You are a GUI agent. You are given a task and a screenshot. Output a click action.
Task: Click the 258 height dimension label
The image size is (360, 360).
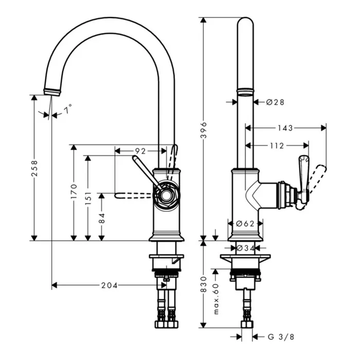tap(34, 168)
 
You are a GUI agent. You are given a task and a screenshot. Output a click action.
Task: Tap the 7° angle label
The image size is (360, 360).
tap(68, 109)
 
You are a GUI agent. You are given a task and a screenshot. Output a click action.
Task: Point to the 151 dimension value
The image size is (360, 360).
tap(87, 197)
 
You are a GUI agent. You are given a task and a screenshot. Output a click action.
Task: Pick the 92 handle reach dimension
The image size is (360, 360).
tap(140, 151)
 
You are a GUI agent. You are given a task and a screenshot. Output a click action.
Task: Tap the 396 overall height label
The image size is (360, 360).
tap(204, 130)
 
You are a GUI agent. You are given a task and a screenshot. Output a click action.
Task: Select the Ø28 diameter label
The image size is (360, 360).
tap(275, 102)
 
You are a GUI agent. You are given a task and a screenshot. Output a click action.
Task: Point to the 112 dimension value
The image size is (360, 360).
tap(277, 146)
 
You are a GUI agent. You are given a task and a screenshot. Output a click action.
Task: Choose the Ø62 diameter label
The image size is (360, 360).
tap(245, 224)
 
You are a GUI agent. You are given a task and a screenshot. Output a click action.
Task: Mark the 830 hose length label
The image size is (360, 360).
tap(204, 285)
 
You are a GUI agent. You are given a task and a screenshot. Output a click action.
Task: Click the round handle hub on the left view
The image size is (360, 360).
tap(166, 194)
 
